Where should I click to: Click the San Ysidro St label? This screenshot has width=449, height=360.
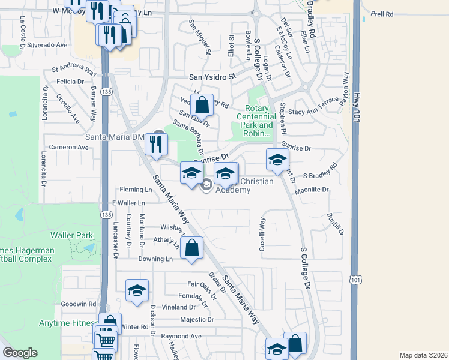point(214,77)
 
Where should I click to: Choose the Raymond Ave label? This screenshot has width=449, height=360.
point(181,336)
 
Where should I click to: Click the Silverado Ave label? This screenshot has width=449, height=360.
point(46,45)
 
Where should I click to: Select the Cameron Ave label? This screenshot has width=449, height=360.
point(69,147)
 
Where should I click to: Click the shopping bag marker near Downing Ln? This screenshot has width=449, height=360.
point(191,248)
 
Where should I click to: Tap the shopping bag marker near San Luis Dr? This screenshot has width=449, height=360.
point(203,105)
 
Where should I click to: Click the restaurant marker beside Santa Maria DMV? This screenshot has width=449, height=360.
point(155,145)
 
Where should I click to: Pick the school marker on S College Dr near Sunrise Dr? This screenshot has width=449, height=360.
point(277,160)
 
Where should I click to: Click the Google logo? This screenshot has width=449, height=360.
point(20,353)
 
